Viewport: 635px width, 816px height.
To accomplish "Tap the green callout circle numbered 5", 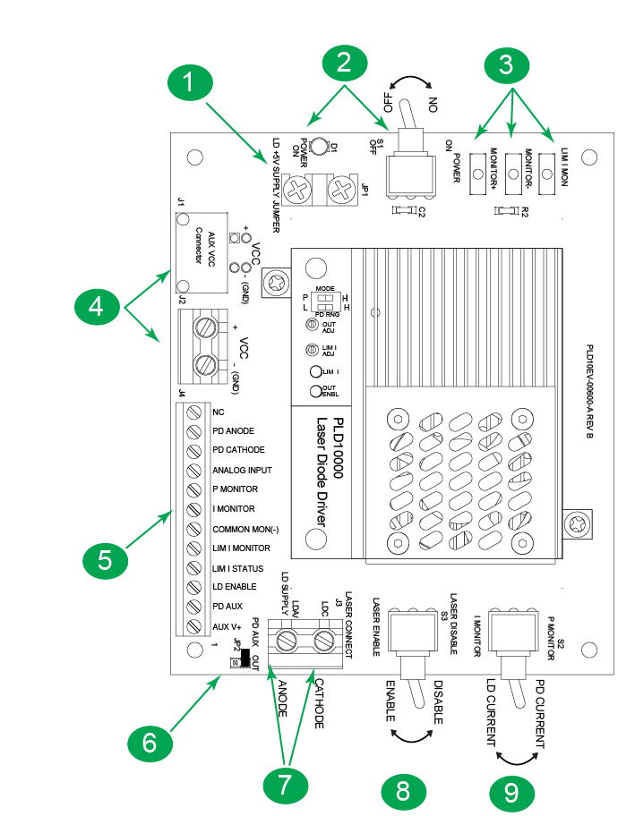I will [105, 560].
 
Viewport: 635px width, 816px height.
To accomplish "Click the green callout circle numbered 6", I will [149, 742].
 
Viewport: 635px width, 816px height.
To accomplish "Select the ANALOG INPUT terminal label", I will [242, 470].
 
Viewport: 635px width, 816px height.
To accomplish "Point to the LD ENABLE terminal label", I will [235, 587].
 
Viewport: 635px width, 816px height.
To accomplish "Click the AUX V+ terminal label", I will [228, 625].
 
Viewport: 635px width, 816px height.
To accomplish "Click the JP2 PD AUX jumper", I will [242, 660].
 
